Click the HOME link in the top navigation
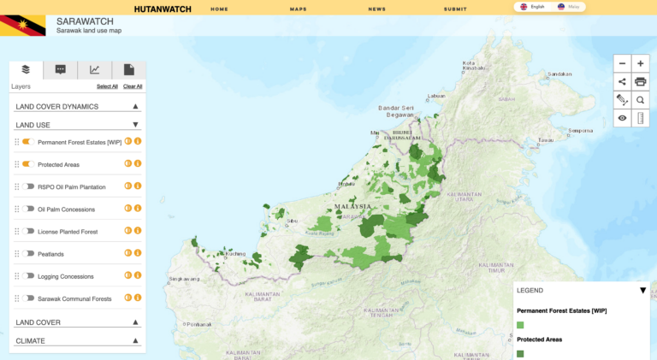(219, 9)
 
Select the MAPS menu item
(298, 9)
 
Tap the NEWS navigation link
(376, 9)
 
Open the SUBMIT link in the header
(455, 9)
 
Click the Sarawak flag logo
(22, 25)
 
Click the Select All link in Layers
(107, 86)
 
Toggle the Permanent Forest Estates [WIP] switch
(27, 142)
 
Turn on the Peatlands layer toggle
(27, 253)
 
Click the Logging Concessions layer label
(66, 276)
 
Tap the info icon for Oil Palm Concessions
(138, 209)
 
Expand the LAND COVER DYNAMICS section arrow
(135, 107)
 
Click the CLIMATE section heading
(31, 340)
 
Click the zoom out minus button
(622, 63)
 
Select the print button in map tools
(640, 82)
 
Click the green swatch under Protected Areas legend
(520, 353)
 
